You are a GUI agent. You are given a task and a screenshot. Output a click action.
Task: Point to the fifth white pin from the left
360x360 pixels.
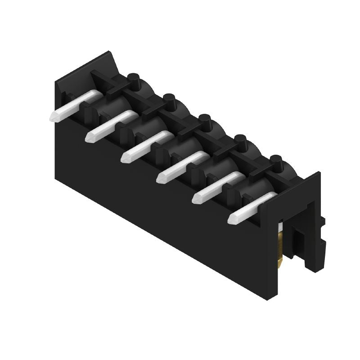pyautogui.click(x=218, y=185)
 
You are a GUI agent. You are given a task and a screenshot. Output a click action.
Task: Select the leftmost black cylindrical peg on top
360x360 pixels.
pyautogui.click(x=133, y=80)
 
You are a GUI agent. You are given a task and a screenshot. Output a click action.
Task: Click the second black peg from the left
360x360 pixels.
pyautogui.click(x=169, y=100)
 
